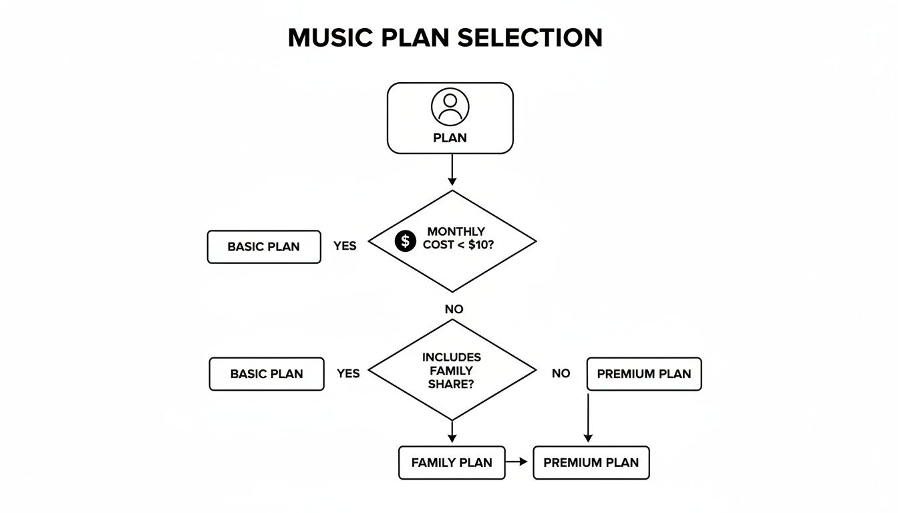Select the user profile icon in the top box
point(450,107)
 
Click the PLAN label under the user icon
point(450,138)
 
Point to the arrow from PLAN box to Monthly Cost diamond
point(452,170)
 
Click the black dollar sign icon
point(406,241)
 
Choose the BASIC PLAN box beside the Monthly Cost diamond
point(264,246)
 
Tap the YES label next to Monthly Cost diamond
point(345,246)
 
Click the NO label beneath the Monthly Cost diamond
point(454,309)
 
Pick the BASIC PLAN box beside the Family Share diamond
point(267,374)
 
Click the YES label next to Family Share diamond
point(348,373)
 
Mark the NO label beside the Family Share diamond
point(561,373)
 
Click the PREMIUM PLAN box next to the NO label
point(644,374)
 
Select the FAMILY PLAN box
point(452,462)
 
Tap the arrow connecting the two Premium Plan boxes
point(588,417)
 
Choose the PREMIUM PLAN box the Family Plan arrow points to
point(591,462)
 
